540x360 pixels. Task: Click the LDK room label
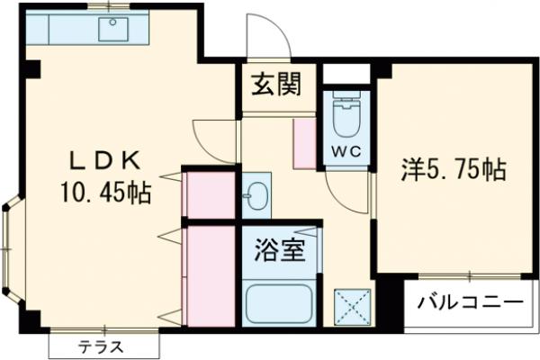tap(105, 160)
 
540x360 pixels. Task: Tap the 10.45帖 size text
tap(105, 191)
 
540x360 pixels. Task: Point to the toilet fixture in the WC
tap(348, 117)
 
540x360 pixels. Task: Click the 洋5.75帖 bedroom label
tap(452, 169)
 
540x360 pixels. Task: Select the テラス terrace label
tap(100, 346)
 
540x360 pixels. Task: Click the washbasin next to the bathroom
tap(256, 193)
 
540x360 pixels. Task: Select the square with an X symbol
tap(353, 306)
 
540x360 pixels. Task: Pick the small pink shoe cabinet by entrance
tap(304, 141)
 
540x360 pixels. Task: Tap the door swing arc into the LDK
tap(212, 138)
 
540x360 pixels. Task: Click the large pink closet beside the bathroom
tap(210, 274)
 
